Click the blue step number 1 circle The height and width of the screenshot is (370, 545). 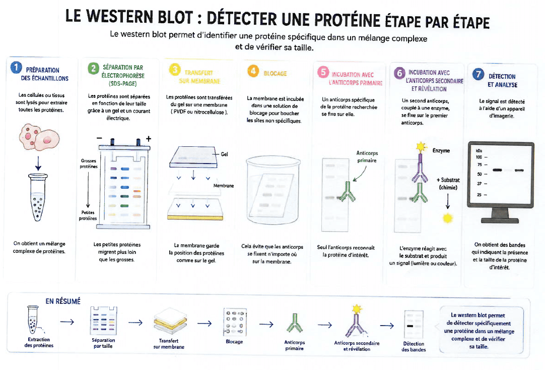click(x=16, y=68)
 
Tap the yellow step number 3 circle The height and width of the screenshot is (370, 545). click(x=174, y=70)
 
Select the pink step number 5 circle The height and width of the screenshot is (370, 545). click(x=323, y=72)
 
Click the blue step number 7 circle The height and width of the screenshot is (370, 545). click(x=479, y=74)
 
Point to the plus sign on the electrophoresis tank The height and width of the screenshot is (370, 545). click(x=149, y=139)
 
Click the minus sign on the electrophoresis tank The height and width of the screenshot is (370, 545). click(x=99, y=138)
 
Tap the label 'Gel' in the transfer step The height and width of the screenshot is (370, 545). click(x=224, y=154)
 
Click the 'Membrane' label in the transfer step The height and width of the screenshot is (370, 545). click(x=224, y=186)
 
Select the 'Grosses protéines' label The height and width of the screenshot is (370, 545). click(x=89, y=164)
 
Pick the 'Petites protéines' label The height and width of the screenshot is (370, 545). click(x=88, y=216)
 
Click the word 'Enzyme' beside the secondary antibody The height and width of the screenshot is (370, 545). click(x=441, y=150)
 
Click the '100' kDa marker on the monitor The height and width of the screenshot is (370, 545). click(x=479, y=157)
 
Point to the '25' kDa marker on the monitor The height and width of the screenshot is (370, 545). click(x=480, y=195)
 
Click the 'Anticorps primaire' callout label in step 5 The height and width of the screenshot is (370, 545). click(x=367, y=157)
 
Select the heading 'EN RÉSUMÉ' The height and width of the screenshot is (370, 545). click(x=63, y=301)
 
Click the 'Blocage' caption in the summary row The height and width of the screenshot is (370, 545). click(x=234, y=342)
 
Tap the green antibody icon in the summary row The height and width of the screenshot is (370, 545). click(x=294, y=323)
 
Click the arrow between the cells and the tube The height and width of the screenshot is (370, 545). click(x=38, y=163)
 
